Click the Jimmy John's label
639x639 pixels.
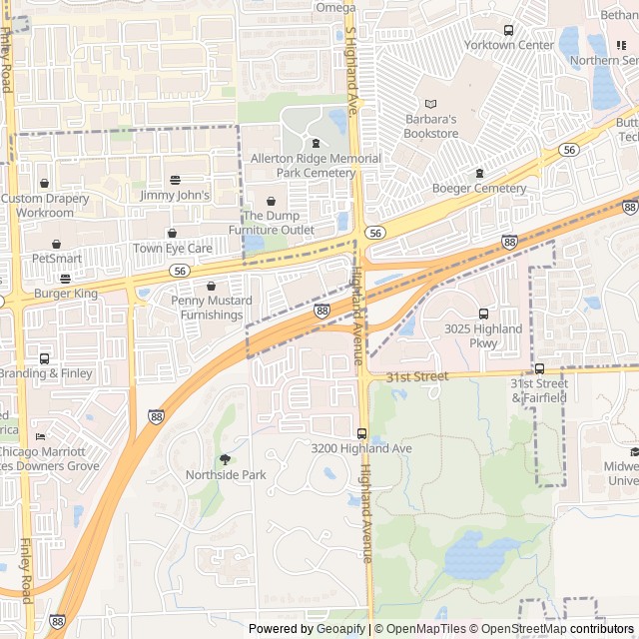176,196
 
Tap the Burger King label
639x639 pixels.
66,294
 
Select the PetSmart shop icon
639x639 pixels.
56,244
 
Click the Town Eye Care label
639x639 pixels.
173,249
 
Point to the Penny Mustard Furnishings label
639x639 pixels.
211,308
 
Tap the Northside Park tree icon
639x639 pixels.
225,459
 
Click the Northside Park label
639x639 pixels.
226,475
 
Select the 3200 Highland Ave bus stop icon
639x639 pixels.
361,433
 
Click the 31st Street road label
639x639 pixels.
418,376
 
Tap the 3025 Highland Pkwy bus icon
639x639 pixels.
484,314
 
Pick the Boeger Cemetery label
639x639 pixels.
479,189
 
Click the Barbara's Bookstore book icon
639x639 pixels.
431,104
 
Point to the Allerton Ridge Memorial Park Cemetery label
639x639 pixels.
316,166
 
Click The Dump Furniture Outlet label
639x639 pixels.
272,223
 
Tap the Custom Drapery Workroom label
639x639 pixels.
45,206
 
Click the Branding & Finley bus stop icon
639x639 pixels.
44,358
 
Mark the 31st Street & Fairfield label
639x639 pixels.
539,390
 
